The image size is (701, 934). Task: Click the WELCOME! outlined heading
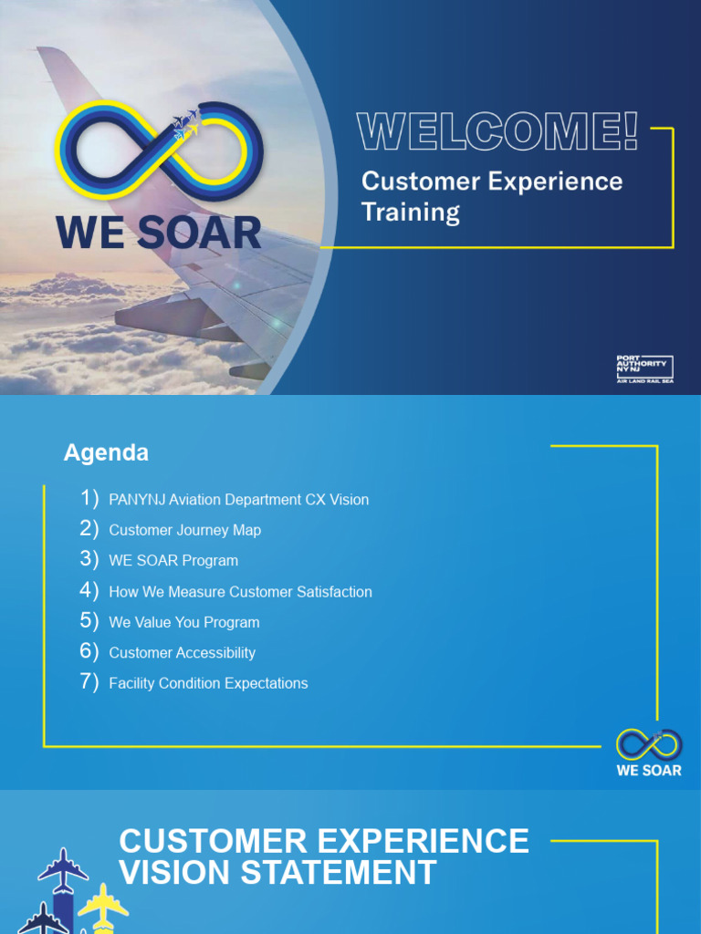click(x=497, y=132)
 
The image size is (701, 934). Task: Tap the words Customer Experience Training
click(x=491, y=196)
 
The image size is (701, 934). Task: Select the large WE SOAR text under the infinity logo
click(x=159, y=233)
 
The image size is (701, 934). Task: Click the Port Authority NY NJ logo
click(x=644, y=369)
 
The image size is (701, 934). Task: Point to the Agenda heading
click(x=106, y=453)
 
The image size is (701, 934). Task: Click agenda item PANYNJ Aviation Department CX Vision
click(x=238, y=500)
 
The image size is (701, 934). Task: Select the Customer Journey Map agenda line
click(x=184, y=530)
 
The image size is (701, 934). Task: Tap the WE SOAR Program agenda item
click(x=173, y=561)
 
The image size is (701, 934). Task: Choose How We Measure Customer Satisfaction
click(x=240, y=592)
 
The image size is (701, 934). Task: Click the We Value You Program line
click(x=183, y=622)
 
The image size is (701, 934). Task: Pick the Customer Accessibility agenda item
click(x=182, y=653)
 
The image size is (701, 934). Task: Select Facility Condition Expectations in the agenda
click(x=208, y=683)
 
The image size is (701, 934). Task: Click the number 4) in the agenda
click(x=89, y=590)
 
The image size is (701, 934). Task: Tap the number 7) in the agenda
click(x=89, y=682)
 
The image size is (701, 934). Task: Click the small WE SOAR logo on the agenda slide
click(x=648, y=752)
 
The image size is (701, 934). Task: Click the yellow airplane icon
click(x=102, y=903)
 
